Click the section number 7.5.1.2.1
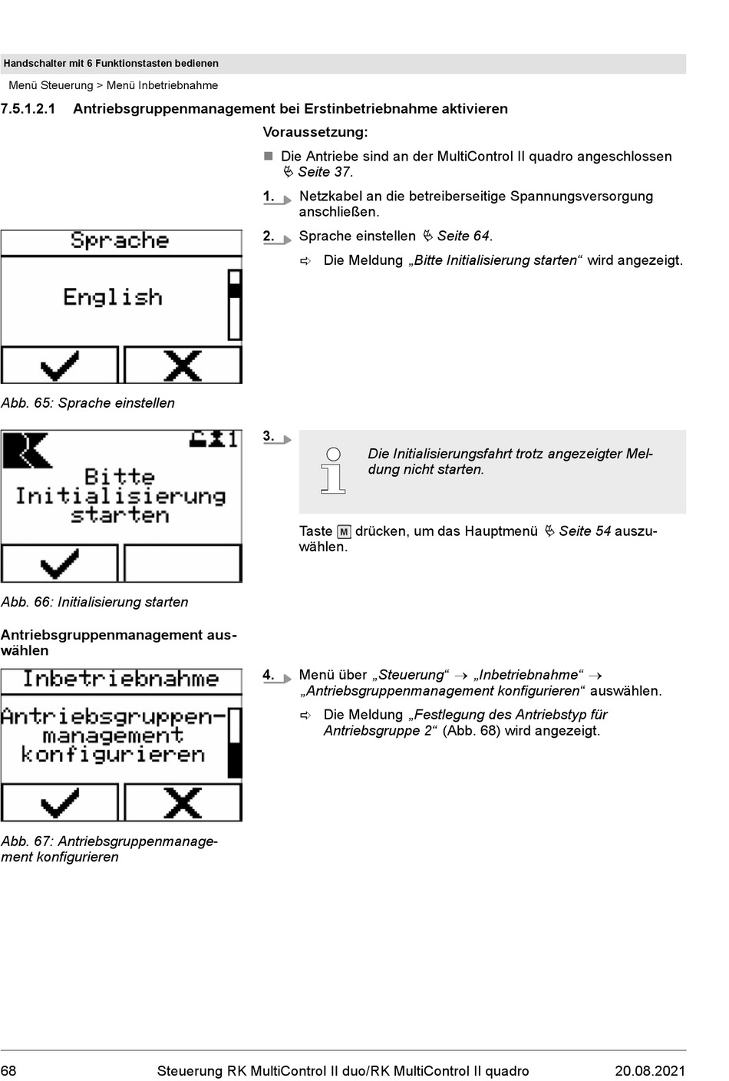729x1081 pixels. point(28,109)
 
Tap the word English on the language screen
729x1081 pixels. point(113,297)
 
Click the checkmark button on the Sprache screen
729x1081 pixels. point(60,365)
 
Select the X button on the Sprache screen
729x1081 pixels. point(183,365)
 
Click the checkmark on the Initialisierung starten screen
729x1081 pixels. point(60,564)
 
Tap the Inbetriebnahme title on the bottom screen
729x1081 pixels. point(120,679)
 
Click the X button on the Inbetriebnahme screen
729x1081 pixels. point(183,803)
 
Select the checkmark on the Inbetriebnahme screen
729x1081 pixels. point(60,803)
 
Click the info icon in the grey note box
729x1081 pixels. point(333,469)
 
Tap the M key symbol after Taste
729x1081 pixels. point(344,531)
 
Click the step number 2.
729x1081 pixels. point(269,236)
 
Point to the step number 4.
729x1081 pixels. point(269,676)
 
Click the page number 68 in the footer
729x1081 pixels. point(9,1071)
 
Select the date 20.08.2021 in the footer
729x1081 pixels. point(649,1071)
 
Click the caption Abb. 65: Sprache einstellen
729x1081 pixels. point(87,403)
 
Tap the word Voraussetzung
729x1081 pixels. point(315,133)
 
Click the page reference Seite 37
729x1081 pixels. point(325,172)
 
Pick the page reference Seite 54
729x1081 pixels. point(585,531)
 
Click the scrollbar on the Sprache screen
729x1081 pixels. point(235,304)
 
